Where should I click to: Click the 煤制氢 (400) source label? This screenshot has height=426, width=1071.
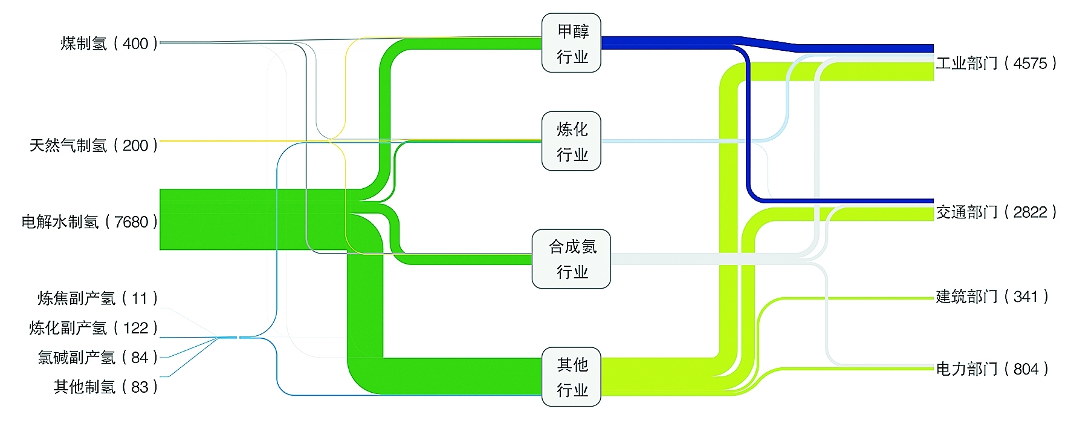click(109, 44)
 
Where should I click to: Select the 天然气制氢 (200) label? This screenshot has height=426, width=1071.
click(94, 145)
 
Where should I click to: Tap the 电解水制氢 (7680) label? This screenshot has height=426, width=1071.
click(89, 222)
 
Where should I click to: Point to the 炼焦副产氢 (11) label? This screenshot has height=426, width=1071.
click(97, 298)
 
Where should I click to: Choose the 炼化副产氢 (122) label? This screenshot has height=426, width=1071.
click(93, 328)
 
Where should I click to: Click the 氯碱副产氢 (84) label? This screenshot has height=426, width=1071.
click(97, 358)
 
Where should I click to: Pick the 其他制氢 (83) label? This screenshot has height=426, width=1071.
click(105, 387)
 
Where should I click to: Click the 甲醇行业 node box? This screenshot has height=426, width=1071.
click(571, 43)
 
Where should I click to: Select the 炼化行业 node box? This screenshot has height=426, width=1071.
click(571, 141)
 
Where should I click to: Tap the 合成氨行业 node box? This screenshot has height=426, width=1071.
click(571, 259)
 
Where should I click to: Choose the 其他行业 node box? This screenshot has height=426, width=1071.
click(571, 376)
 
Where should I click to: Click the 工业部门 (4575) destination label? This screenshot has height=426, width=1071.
click(996, 64)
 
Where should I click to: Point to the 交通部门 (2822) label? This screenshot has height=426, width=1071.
click(996, 212)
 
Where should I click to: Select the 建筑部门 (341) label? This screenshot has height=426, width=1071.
click(992, 297)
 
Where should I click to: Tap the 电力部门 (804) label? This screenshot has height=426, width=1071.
click(992, 369)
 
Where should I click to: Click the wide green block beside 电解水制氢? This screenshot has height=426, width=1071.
click(242, 219)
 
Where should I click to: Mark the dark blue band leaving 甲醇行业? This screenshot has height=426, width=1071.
click(665, 42)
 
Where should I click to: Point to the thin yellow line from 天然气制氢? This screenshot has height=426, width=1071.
click(242, 141)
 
